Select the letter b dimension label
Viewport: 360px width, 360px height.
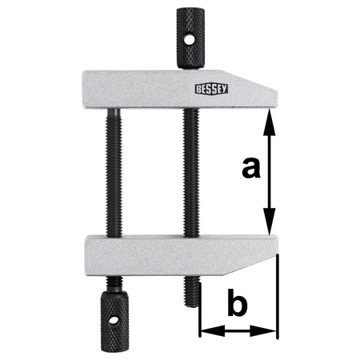(238, 306)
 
